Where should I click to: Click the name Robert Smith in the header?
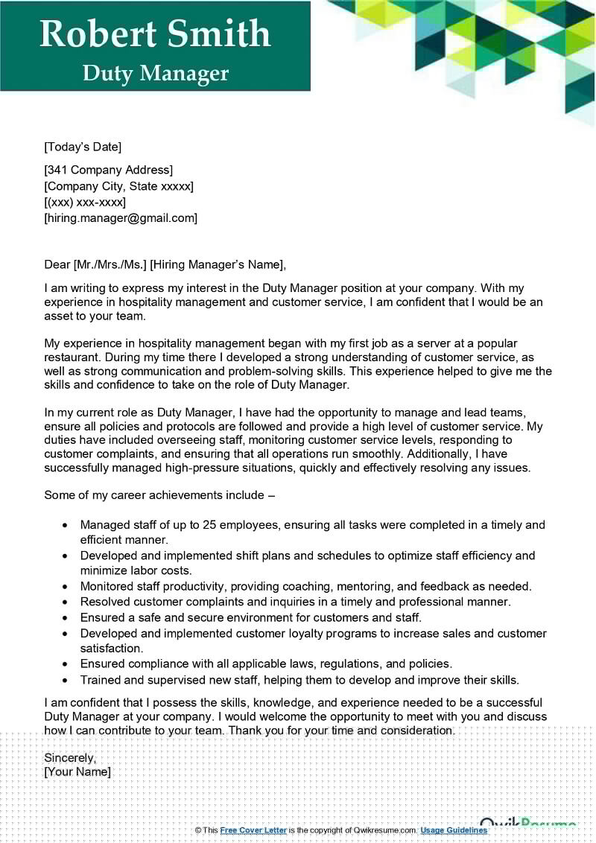click(155, 34)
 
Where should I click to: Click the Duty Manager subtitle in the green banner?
click(155, 73)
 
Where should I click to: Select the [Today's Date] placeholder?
click(83, 147)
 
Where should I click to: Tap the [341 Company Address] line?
click(109, 171)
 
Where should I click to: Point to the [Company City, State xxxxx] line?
click(119, 186)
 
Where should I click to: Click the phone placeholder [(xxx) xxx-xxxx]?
click(85, 202)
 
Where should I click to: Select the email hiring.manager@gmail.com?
click(121, 217)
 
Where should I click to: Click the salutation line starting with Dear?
click(165, 264)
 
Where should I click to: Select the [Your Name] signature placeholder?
click(77, 772)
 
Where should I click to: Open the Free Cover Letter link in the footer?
click(253, 830)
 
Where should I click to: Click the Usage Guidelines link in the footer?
click(454, 830)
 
